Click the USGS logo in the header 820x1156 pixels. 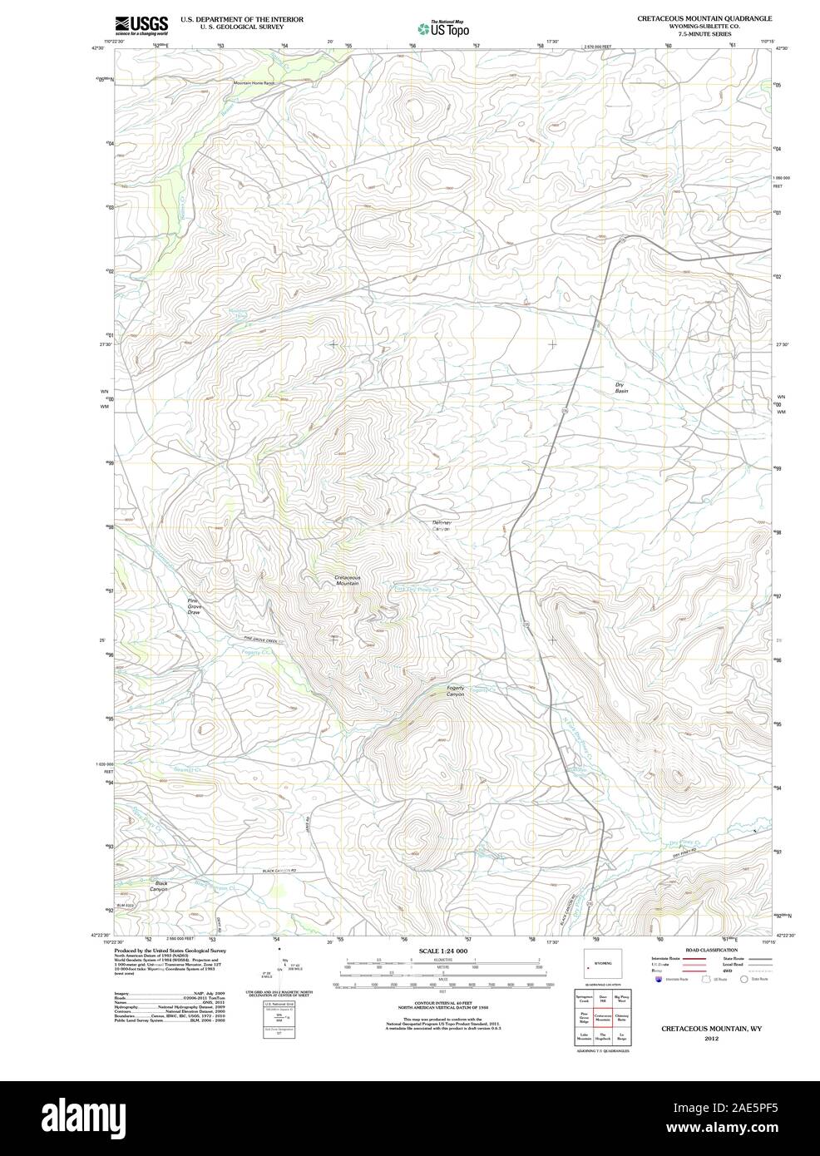(141, 24)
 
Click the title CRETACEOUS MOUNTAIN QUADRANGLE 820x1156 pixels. (704, 17)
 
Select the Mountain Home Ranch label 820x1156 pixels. (254, 83)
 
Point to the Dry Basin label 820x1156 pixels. (620, 388)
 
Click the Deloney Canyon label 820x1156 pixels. (441, 526)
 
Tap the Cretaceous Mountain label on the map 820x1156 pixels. (347, 580)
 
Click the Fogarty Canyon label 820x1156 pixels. (455, 691)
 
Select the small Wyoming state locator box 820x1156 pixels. (600, 963)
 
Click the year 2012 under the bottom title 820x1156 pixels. (711, 1039)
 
